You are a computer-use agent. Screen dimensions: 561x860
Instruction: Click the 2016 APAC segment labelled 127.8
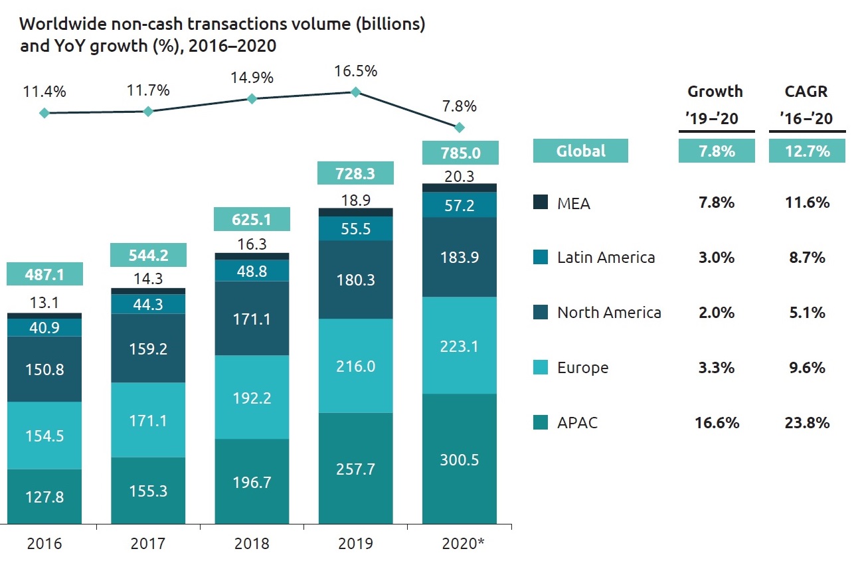(44, 497)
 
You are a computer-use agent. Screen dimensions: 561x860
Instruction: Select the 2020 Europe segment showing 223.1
(460, 345)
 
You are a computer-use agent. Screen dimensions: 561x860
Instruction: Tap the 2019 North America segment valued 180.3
(355, 280)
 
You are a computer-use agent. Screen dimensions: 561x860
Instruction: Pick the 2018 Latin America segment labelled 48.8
(252, 270)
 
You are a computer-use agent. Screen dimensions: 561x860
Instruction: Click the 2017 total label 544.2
(148, 254)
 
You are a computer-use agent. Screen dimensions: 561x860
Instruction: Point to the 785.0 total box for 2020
(460, 153)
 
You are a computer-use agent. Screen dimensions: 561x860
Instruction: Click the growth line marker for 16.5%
(355, 92)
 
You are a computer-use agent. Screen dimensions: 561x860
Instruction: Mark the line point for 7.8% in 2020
(459, 127)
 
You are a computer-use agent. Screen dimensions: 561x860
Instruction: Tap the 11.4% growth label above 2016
(44, 92)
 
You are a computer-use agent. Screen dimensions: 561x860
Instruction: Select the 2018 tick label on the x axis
(252, 544)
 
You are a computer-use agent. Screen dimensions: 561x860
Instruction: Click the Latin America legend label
(606, 258)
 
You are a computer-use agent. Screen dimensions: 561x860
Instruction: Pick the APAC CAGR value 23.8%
(807, 422)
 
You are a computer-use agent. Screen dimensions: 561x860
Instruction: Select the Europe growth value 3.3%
(716, 367)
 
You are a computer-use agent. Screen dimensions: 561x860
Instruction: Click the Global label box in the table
(580, 151)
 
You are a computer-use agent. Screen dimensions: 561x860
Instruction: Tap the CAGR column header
(807, 91)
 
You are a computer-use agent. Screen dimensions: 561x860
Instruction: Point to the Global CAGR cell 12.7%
(807, 151)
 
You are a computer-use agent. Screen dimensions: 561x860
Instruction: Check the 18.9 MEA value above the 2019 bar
(355, 200)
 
